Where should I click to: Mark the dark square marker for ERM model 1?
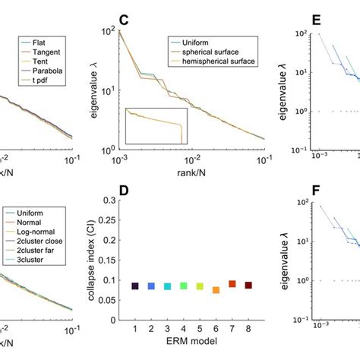coord(134,286)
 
